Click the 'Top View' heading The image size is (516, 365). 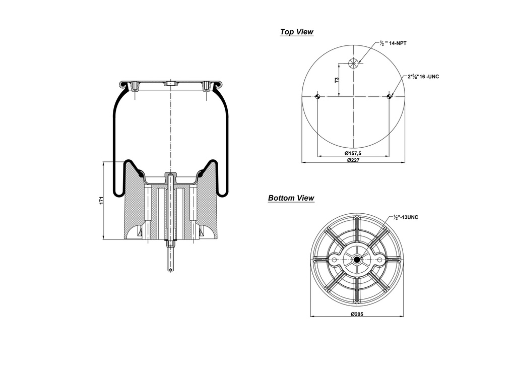[296, 32]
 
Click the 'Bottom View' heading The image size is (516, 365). [291, 198]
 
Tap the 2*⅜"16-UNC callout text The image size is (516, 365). [423, 77]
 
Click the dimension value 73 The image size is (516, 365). [337, 80]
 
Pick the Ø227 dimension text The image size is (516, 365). [354, 160]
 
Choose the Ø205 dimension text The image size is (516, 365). [357, 314]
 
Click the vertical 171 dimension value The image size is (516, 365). [101, 200]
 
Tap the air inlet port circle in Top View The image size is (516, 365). [354, 63]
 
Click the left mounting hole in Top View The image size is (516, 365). [317, 97]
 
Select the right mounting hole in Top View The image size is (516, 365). [390, 97]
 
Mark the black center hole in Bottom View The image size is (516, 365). [357, 260]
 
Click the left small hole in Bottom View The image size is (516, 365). [334, 260]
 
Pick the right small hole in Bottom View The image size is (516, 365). [380, 260]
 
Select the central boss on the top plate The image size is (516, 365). [171, 84]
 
